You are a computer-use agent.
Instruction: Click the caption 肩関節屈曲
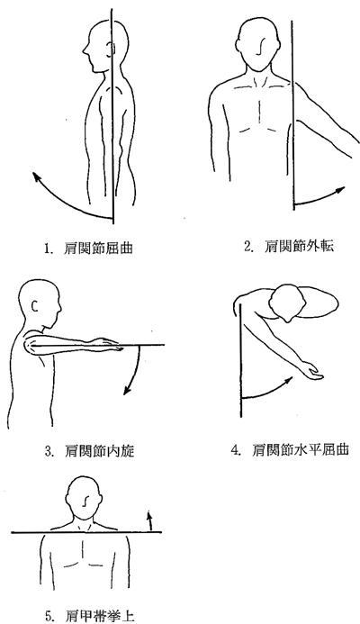98,249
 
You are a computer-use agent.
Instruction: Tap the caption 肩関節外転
299,247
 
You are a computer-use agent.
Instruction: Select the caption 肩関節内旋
99,451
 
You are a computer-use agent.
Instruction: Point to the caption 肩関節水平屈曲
301,449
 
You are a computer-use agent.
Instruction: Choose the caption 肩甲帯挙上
100,616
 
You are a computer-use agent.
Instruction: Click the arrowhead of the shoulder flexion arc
37,176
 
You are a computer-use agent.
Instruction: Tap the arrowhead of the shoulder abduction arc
339,190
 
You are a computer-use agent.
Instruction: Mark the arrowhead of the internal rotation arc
128,391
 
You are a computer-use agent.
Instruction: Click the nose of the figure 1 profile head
85,50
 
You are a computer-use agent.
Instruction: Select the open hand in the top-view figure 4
312,370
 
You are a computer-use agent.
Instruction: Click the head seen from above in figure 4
287,303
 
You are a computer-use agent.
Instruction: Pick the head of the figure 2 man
258,45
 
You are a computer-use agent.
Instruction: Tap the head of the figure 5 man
84,497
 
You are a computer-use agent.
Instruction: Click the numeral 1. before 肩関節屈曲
48,249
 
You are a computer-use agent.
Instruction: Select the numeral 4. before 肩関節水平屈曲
237,450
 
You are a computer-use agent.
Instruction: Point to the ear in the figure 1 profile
112,50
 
